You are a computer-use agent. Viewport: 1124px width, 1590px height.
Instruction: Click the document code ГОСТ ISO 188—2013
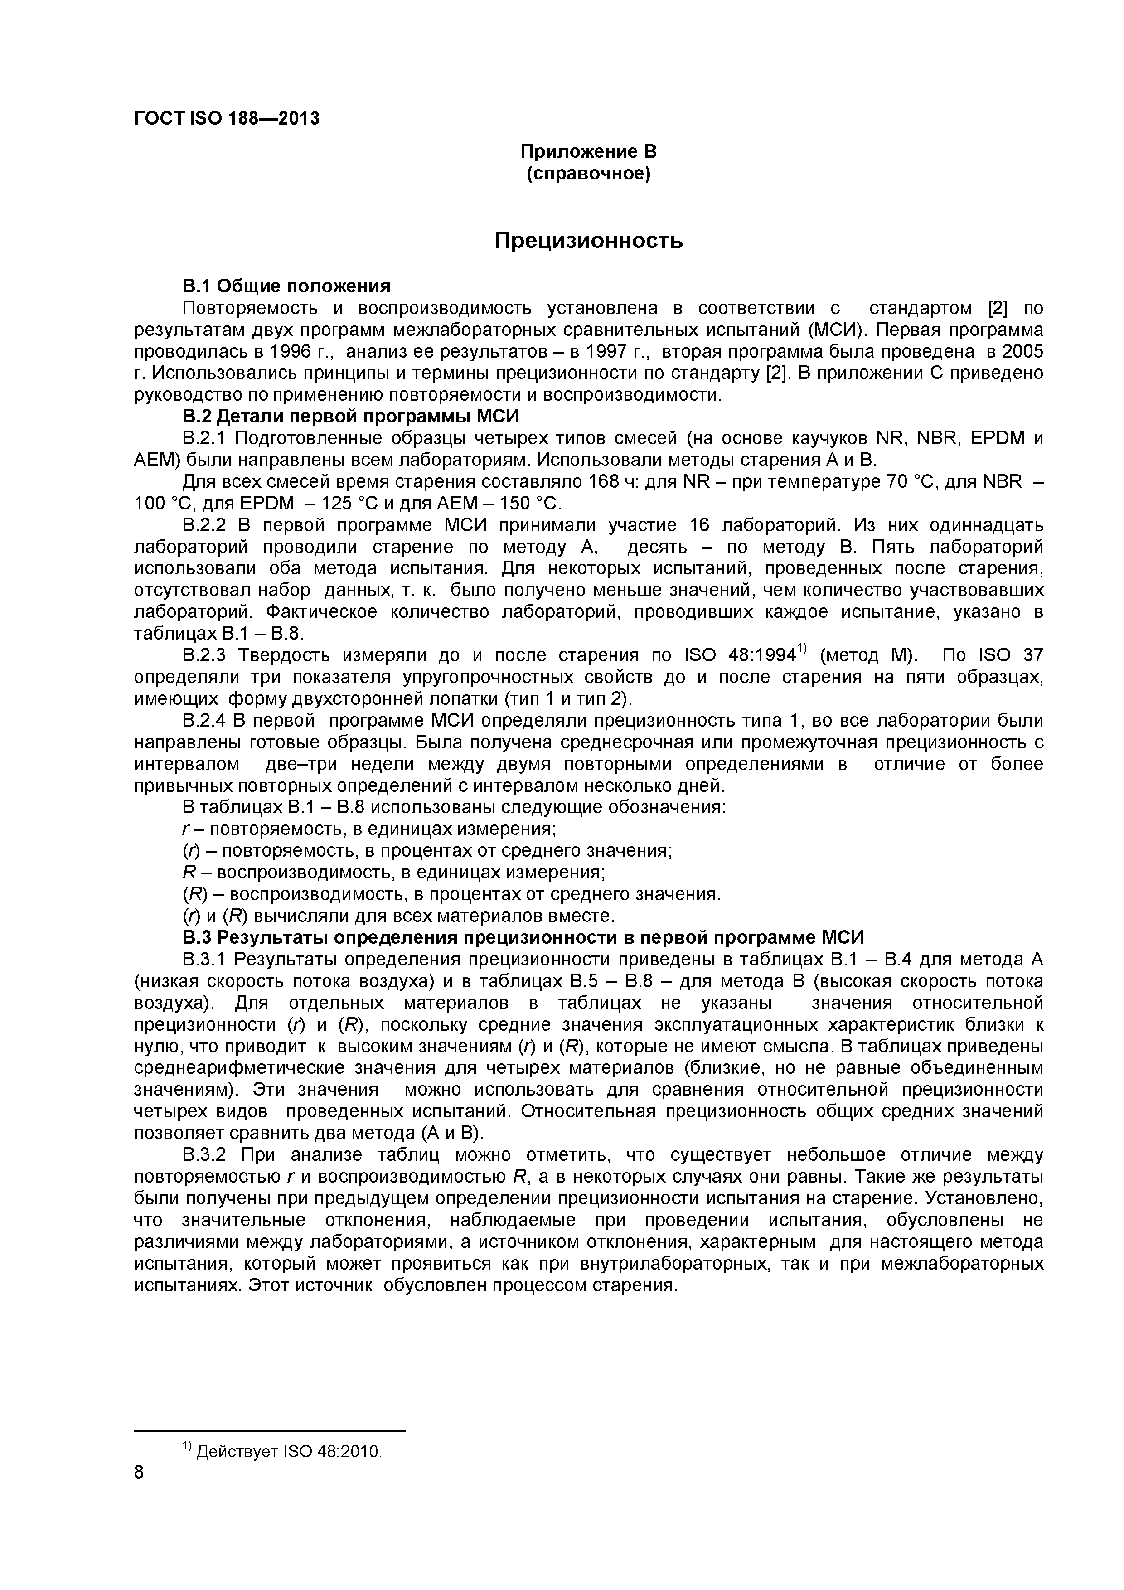click(227, 118)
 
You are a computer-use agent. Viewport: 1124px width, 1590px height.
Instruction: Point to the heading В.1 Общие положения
click(286, 286)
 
